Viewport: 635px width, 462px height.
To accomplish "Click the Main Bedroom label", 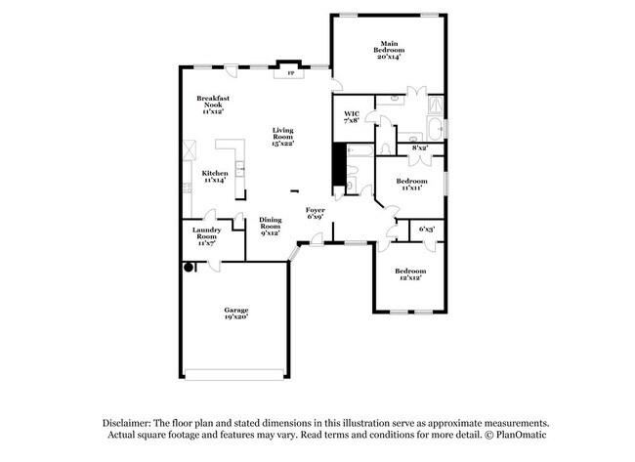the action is (389, 50).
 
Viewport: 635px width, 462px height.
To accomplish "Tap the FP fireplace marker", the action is (290, 73).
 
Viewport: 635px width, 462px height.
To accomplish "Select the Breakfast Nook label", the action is (213, 105).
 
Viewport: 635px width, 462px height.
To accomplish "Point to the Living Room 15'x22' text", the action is (282, 137).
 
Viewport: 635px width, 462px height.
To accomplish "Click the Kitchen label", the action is (215, 177).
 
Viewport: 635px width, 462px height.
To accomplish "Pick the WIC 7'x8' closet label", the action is (352, 117).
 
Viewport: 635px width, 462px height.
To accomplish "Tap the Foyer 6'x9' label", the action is (316, 213).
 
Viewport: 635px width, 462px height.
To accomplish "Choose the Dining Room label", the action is (270, 227).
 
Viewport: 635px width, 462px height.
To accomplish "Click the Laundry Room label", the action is (206, 236).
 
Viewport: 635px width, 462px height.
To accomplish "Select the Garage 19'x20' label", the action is (236, 314).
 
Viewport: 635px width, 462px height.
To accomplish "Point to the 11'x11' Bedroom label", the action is (411, 185).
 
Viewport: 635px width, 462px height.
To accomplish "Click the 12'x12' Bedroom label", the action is (410, 274).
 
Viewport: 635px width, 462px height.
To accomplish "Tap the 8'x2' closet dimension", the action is (420, 147).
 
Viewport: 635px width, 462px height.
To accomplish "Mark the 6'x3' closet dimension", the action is (427, 230).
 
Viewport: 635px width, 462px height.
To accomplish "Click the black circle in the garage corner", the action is (188, 268).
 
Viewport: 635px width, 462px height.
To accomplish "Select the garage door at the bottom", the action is (234, 374).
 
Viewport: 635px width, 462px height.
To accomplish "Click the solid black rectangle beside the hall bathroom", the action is (339, 164).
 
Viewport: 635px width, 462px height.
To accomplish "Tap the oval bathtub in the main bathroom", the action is (435, 128).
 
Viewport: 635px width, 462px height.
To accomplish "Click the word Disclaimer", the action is (126, 423).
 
